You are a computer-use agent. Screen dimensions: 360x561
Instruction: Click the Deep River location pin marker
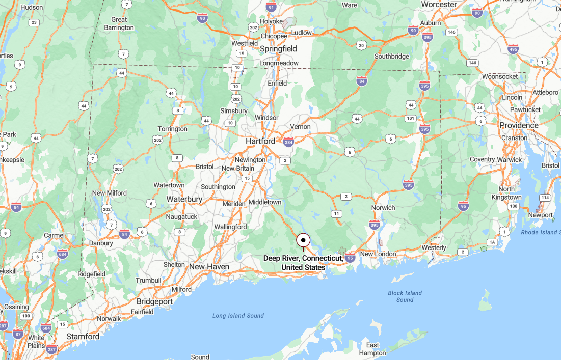click(x=303, y=240)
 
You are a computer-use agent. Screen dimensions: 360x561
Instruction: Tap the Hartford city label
click(x=260, y=141)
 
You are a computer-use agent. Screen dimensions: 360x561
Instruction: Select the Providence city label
click(x=519, y=125)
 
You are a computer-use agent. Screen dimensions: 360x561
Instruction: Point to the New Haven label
click(x=209, y=267)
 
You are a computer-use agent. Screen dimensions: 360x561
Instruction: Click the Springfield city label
click(x=278, y=49)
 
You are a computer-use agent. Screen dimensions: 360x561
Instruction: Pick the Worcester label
click(x=439, y=5)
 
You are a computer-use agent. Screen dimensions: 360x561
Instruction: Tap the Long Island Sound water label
click(x=238, y=316)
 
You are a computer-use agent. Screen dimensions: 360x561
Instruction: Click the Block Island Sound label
click(x=405, y=296)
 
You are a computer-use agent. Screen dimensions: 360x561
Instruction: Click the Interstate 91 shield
click(x=272, y=7)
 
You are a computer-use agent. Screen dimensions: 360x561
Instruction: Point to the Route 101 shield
click(x=410, y=119)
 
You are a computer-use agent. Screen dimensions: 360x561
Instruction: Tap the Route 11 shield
click(x=336, y=214)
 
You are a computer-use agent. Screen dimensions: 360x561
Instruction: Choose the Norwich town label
click(x=383, y=208)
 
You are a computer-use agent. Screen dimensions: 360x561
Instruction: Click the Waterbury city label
click(x=184, y=199)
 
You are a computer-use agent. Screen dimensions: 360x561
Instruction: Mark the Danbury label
click(x=101, y=243)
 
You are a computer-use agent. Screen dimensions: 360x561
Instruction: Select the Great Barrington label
click(x=119, y=23)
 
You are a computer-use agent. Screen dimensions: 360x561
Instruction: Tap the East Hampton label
click(x=372, y=349)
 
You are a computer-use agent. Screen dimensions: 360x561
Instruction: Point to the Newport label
click(x=540, y=215)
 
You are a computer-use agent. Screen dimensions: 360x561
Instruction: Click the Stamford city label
click(x=83, y=337)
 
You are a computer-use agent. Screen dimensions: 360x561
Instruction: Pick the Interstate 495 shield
click(x=513, y=49)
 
